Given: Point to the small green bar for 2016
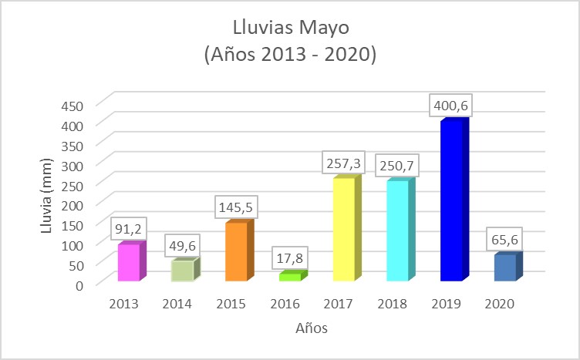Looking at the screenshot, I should pyautogui.click(x=291, y=277).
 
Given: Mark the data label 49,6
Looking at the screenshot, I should pyautogui.click(x=183, y=247).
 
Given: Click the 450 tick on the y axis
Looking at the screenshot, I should pyautogui.click(x=84, y=104).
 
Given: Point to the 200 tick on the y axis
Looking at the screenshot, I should pyautogui.click(x=84, y=204).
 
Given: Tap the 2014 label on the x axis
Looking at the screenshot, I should pyautogui.click(x=177, y=304).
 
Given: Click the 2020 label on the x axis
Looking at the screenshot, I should pyautogui.click(x=500, y=304).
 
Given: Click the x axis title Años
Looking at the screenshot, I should pyautogui.click(x=312, y=328).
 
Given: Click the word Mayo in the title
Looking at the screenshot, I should pyautogui.click(x=324, y=29).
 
